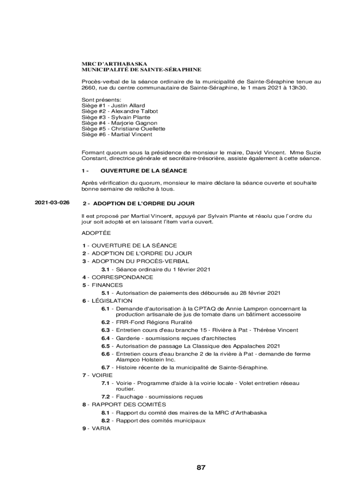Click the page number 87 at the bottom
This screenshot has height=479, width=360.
tap(201, 467)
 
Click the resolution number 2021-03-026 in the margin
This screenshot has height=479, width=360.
tap(52, 203)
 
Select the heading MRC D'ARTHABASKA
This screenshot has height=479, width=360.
tap(115, 63)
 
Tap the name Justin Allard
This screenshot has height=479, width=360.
tap(128, 105)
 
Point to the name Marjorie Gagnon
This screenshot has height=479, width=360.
tap(131, 123)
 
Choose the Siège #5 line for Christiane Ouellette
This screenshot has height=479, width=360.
tap(123, 129)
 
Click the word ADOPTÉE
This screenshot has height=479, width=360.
tap(96, 232)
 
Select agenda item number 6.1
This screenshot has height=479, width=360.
tap(105, 309)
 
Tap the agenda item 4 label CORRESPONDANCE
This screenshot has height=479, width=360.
tap(122, 277)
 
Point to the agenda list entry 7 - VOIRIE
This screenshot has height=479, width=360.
tap(97, 375)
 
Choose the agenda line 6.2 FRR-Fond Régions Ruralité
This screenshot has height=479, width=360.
tap(146, 322)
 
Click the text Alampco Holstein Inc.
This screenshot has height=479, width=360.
tap(145, 360)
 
